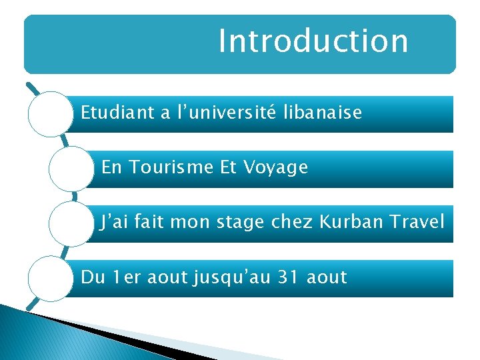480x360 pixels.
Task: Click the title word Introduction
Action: (313, 40)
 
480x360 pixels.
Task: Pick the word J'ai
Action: (110, 222)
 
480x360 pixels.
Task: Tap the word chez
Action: (293, 222)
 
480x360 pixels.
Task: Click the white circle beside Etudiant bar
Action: (49, 114)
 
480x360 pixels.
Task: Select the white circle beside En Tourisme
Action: (70, 169)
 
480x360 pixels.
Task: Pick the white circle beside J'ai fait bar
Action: (70, 223)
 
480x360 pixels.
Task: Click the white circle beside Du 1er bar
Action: (49, 278)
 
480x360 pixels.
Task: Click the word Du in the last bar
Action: (91, 277)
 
